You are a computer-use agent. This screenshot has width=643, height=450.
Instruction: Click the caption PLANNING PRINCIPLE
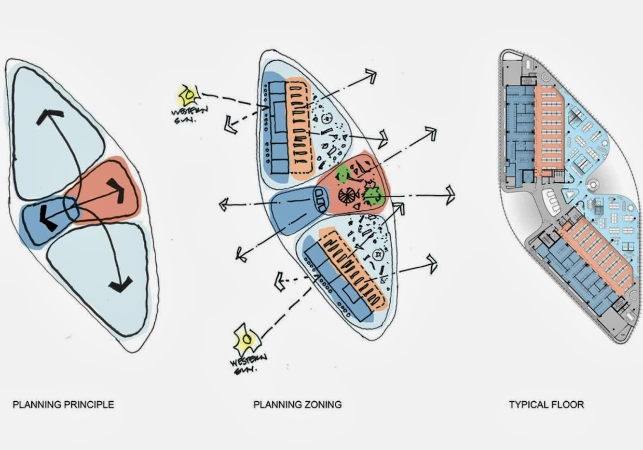(63, 404)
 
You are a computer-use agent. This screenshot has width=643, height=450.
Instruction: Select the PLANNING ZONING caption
(297, 404)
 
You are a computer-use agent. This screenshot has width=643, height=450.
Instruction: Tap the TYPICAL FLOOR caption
(546, 404)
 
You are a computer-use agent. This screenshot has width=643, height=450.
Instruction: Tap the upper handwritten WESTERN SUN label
(189, 115)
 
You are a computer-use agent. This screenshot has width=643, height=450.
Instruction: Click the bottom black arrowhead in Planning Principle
(121, 284)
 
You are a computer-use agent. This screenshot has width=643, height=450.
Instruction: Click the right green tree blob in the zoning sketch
(374, 195)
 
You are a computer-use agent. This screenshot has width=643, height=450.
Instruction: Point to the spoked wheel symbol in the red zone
(347, 196)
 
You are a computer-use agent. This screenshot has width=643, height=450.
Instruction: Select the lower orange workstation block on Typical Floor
(598, 256)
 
